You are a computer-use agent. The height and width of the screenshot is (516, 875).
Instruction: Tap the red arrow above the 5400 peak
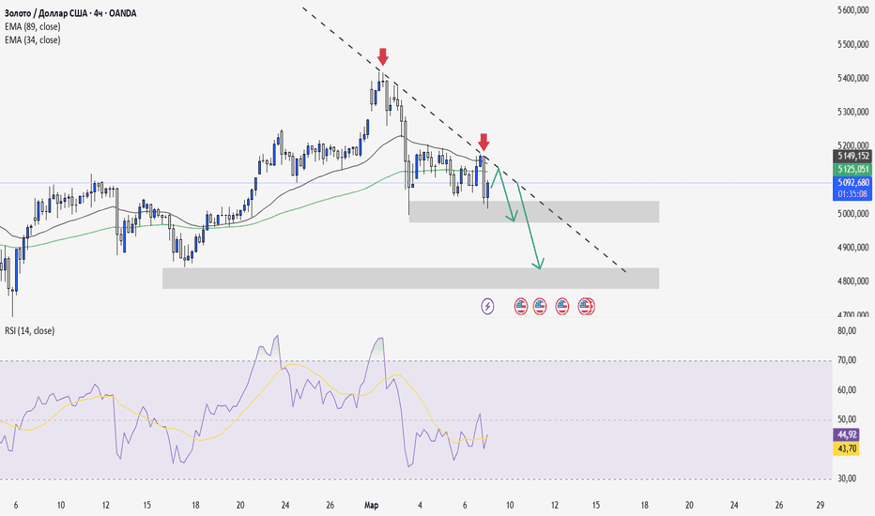pos(383,56)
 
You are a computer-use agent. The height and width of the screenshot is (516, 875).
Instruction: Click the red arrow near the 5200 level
pos(484,142)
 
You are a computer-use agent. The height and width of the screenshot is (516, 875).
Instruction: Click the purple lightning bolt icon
pos(487,306)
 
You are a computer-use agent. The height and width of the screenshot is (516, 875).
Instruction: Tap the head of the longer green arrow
pos(539,266)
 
